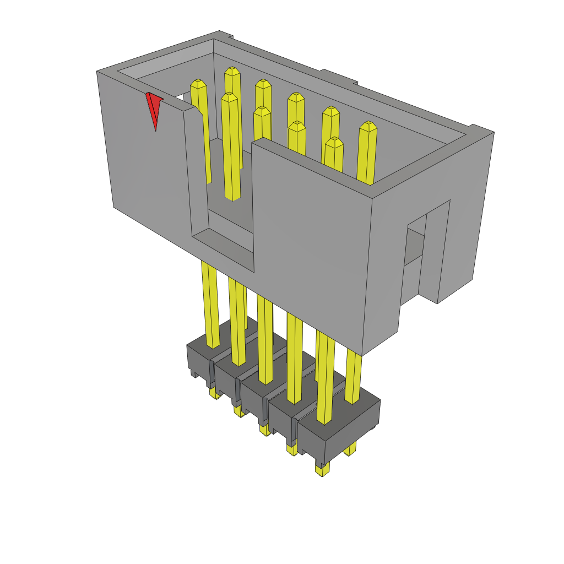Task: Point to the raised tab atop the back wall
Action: (339, 77)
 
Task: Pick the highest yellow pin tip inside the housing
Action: (232, 72)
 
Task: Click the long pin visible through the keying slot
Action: (231, 149)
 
